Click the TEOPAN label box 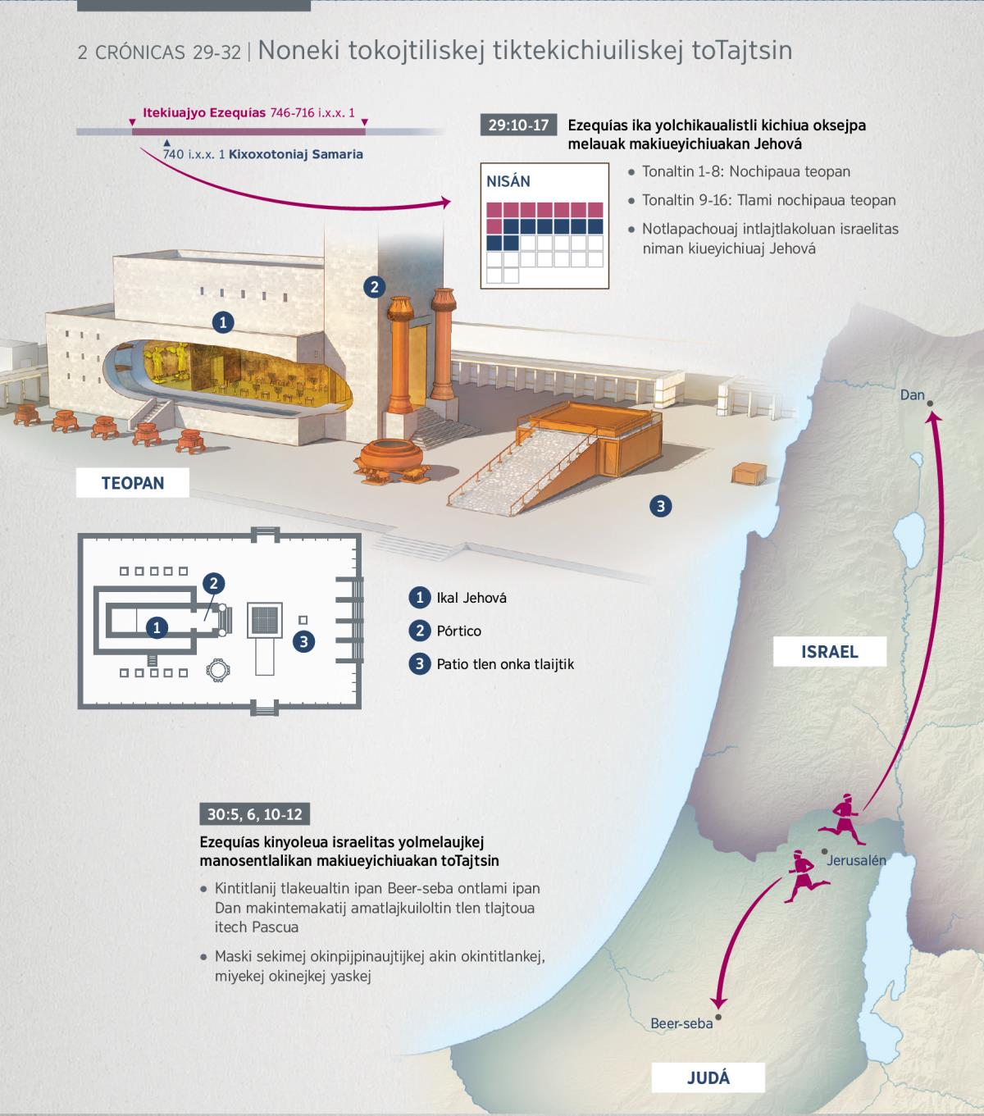tap(132, 483)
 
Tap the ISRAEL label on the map tap(829, 652)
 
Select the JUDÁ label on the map tap(708, 1078)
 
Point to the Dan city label tap(912, 394)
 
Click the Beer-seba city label tap(681, 1023)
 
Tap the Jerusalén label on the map tap(856, 860)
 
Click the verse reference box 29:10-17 tap(518, 125)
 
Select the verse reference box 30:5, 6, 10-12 tap(254, 814)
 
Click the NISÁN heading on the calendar tap(508, 181)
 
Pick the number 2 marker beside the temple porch tap(374, 287)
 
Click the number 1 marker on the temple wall tap(222, 322)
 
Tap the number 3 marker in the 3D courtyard tap(661, 506)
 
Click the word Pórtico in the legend tap(459, 631)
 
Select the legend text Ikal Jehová tap(471, 598)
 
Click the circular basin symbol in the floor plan tap(217, 670)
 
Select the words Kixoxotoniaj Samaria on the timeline tap(296, 154)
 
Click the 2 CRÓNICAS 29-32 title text tap(159, 52)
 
